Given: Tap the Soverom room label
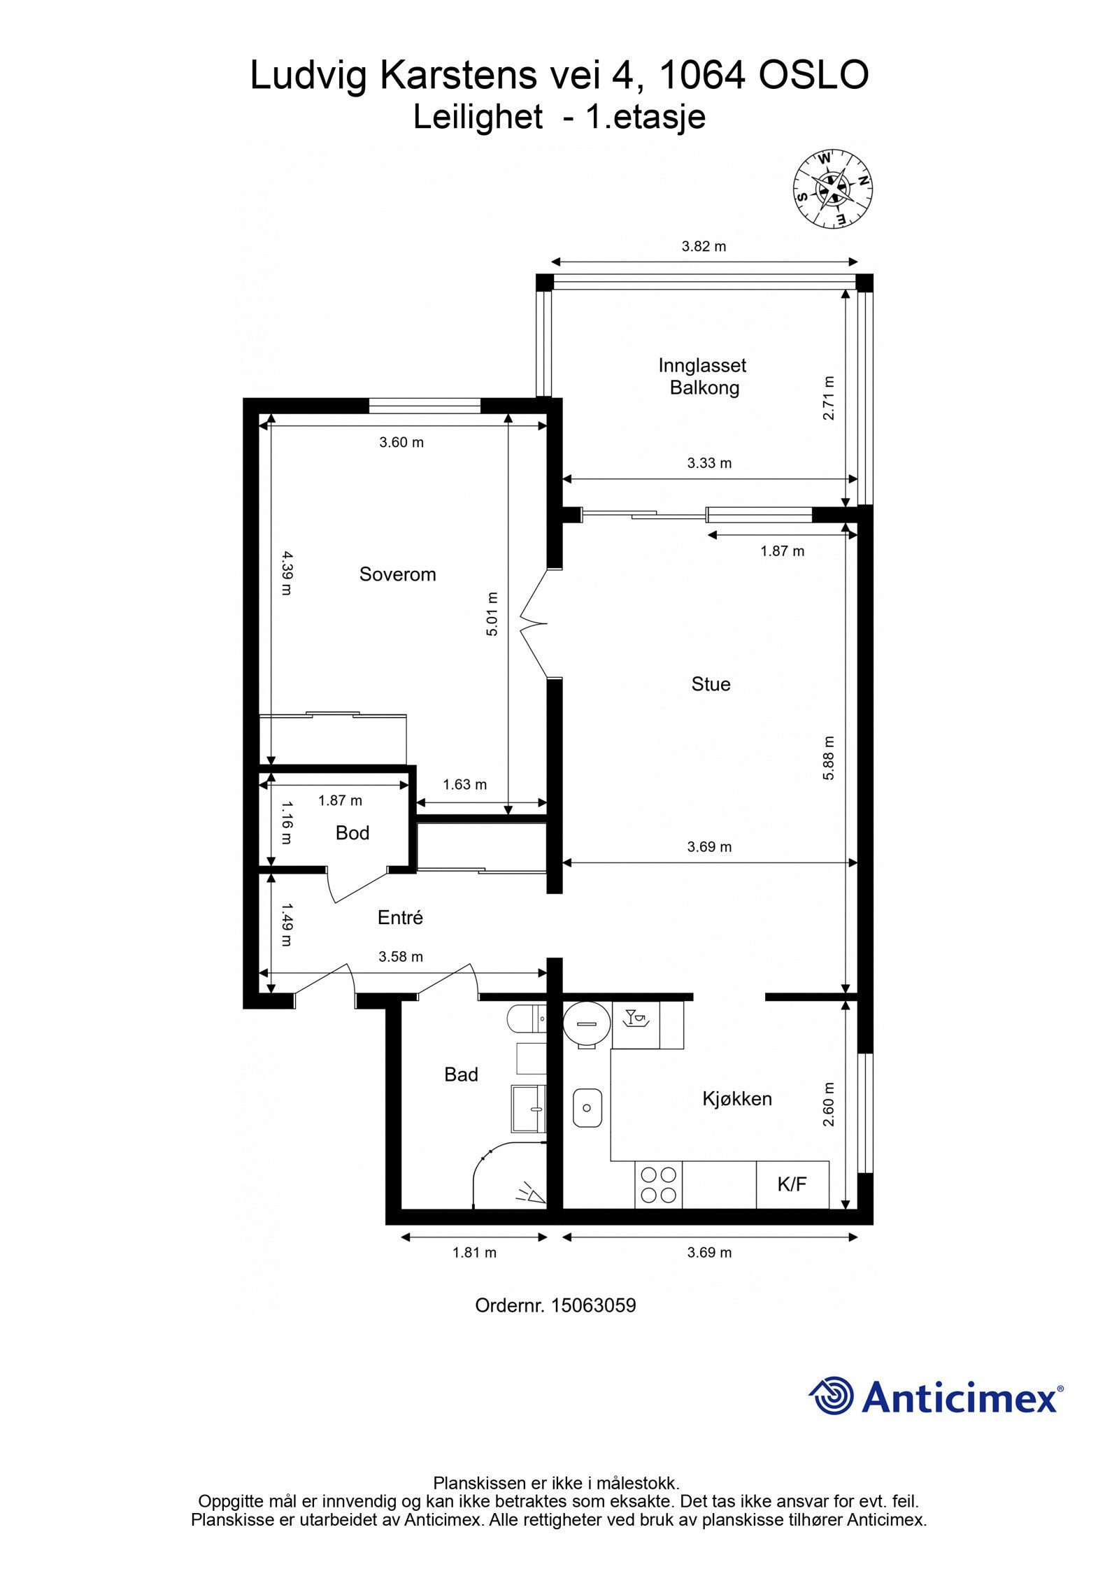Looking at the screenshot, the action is click(397, 574).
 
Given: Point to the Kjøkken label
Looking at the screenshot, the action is click(737, 1098).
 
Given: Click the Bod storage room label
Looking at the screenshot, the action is click(352, 832).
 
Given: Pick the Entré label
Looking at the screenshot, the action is click(400, 917).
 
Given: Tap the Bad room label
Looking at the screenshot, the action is click(461, 1074).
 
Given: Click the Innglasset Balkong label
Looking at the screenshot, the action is click(703, 376).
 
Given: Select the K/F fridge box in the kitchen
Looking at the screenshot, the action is click(792, 1184).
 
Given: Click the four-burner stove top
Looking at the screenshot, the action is click(659, 1184).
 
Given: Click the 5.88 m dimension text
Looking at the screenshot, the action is click(829, 758).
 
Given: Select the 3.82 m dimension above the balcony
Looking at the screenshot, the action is click(704, 246).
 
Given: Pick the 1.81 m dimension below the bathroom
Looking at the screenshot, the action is click(474, 1252).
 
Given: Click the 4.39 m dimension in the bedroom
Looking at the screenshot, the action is click(286, 573).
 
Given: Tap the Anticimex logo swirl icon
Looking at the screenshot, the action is click(831, 1395).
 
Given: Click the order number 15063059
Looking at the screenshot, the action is click(593, 1305).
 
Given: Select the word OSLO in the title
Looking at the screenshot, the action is click(813, 76).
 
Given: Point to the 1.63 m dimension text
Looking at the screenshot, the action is click(464, 784).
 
